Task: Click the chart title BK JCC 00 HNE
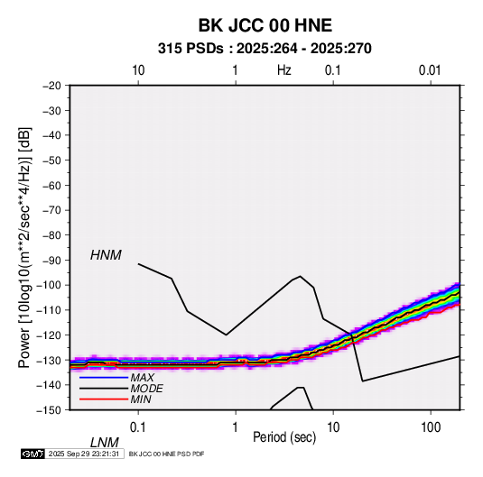pos(265,25)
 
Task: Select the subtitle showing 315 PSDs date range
pos(265,49)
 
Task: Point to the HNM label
pos(106,255)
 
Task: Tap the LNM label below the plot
pos(105,443)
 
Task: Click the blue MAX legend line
pos(104,378)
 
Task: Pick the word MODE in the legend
pos(146,389)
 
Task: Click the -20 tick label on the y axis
pos(51,86)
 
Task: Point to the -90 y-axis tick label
pos(51,260)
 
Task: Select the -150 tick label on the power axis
pos(49,410)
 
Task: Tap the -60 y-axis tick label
pos(51,185)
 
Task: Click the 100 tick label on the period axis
pos(431,427)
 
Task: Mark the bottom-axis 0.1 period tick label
pos(138,427)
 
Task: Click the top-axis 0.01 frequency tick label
pos(430,70)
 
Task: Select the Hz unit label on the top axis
pos(284,70)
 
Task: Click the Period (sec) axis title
pos(284,437)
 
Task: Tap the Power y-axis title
pos(24,247)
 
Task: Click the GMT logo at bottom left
pos(33,454)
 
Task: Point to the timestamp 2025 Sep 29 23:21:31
pos(84,454)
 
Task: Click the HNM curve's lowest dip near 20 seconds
pos(363,381)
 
